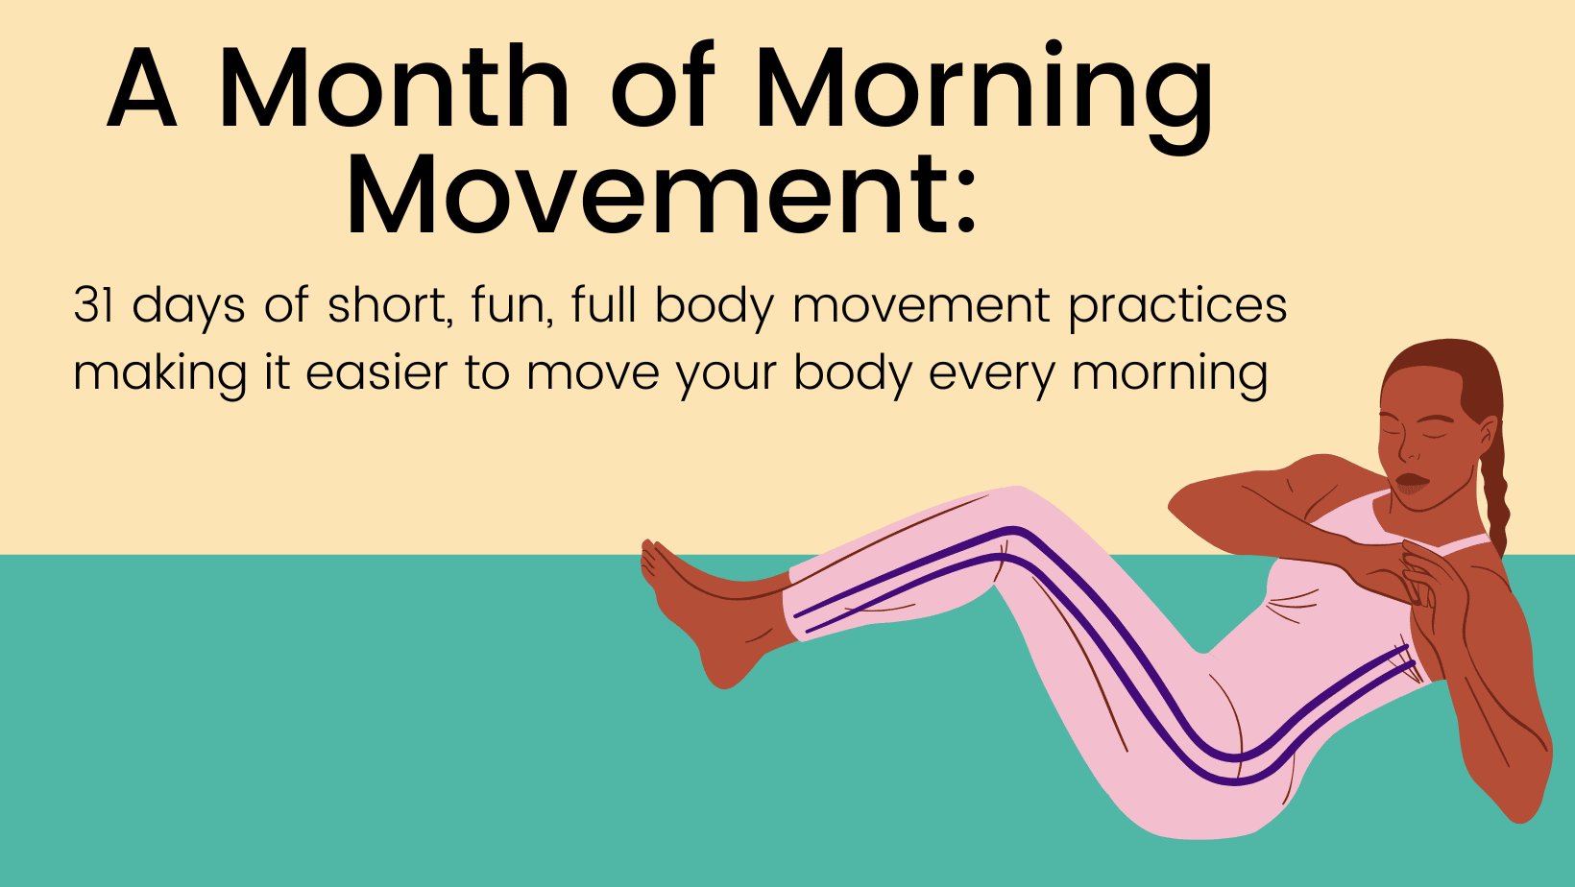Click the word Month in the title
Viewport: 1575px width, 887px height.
(395, 88)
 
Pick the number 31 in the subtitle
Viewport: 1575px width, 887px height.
(93, 305)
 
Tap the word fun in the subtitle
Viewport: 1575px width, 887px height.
(512, 305)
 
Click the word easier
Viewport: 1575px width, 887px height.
(376, 372)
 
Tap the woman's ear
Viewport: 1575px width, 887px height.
(1486, 436)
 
